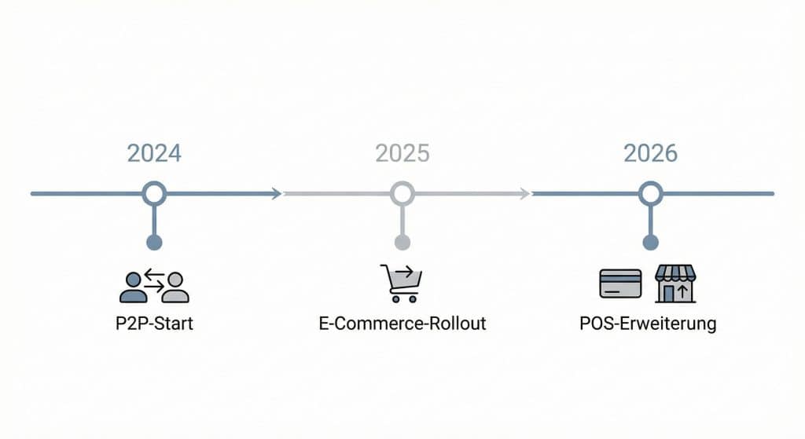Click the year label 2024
pyautogui.click(x=154, y=152)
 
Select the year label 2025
pyautogui.click(x=402, y=152)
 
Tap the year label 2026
pyautogui.click(x=650, y=152)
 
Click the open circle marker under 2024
pyautogui.click(x=154, y=193)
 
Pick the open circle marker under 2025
pyautogui.click(x=402, y=193)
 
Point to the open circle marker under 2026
pyautogui.click(x=650, y=193)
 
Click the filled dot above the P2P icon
pyautogui.click(x=154, y=242)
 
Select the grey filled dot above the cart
pyautogui.click(x=402, y=242)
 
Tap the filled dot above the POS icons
pyautogui.click(x=650, y=242)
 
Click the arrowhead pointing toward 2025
pyautogui.click(x=277, y=193)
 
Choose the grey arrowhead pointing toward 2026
pyautogui.click(x=525, y=193)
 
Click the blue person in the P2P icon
pyautogui.click(x=133, y=288)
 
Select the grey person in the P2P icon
pyautogui.click(x=175, y=288)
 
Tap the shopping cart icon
pyautogui.click(x=402, y=283)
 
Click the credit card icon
pyautogui.click(x=620, y=284)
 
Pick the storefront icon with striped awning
pyautogui.click(x=675, y=284)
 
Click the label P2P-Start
pyautogui.click(x=154, y=324)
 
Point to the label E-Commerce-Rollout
pyautogui.click(x=402, y=324)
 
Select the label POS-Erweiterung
pyautogui.click(x=647, y=324)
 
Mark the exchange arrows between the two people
pyautogui.click(x=154, y=281)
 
